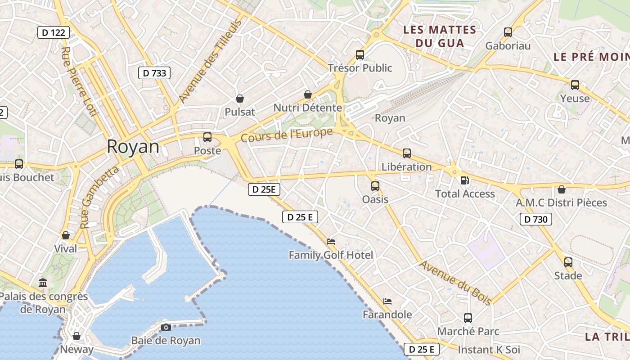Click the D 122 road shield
(x=54, y=32)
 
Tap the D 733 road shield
(x=154, y=73)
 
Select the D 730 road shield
(x=536, y=219)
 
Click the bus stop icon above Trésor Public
(x=360, y=55)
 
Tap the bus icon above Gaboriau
(x=508, y=32)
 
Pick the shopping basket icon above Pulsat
(x=240, y=99)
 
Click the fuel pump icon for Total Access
(x=465, y=180)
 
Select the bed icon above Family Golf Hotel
(x=331, y=242)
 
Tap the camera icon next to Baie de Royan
(x=166, y=327)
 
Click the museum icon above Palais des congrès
(x=43, y=283)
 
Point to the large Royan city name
(x=133, y=147)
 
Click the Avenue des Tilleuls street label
(x=210, y=62)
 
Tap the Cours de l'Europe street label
(x=287, y=135)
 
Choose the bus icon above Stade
(x=568, y=262)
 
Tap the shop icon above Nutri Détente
(x=308, y=94)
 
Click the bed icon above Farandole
(x=387, y=301)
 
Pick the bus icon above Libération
(x=407, y=153)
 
